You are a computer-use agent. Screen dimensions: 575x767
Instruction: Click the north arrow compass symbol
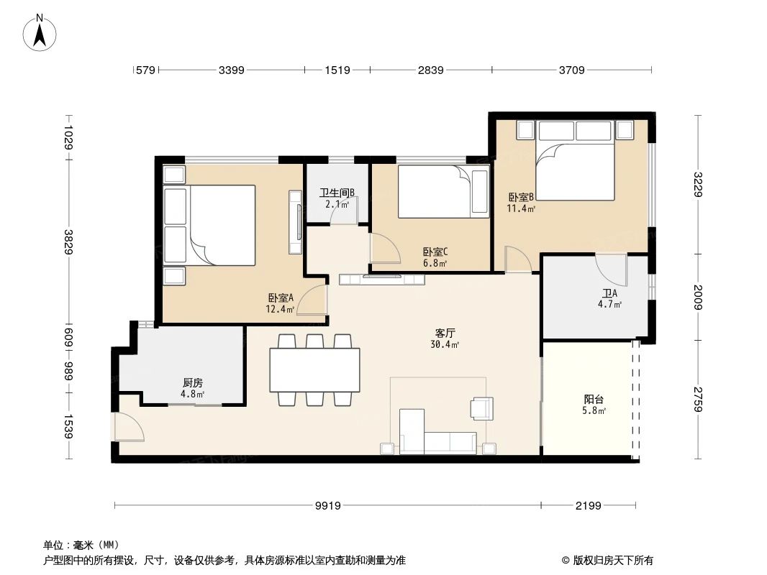pyautogui.click(x=40, y=32)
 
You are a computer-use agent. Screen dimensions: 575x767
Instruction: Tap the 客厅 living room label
pyautogui.click(x=445, y=333)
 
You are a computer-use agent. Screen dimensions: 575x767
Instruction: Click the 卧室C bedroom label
pyautogui.click(x=435, y=252)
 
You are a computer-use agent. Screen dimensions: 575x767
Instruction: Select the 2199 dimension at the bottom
pyautogui.click(x=588, y=506)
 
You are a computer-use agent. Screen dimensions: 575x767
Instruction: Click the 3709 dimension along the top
pyautogui.click(x=571, y=70)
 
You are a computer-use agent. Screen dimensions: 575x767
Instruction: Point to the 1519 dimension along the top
pyautogui.click(x=337, y=70)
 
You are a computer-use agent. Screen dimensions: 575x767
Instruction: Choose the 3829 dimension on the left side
pyautogui.click(x=68, y=241)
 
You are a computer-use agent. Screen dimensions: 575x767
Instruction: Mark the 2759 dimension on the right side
pyautogui.click(x=697, y=400)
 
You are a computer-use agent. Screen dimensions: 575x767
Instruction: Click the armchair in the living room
pyautogui.click(x=482, y=408)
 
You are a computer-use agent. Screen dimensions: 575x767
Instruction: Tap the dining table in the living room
pyautogui.click(x=314, y=369)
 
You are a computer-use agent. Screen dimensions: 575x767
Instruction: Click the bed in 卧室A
pyautogui.click(x=210, y=225)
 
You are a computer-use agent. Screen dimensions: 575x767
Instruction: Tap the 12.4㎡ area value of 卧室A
pyautogui.click(x=281, y=310)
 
